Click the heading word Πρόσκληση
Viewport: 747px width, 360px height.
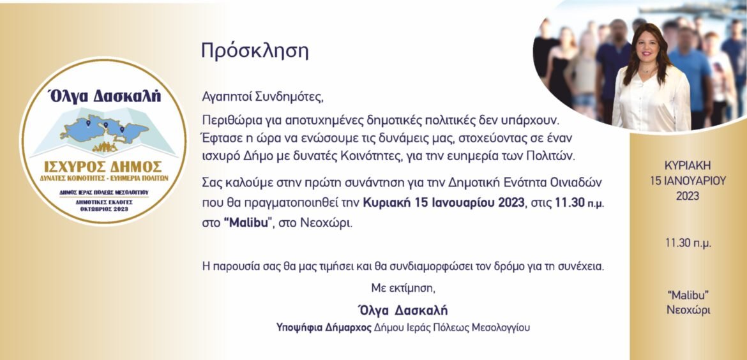point(255,51)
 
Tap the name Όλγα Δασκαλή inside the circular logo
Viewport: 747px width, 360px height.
point(105,96)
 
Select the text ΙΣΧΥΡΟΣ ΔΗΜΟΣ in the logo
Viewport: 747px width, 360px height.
point(103,167)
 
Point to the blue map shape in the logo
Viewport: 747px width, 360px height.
point(104,130)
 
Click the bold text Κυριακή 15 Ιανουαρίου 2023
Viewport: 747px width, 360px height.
point(444,202)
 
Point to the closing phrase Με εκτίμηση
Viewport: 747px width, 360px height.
point(404,288)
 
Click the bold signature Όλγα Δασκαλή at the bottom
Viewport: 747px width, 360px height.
point(403,310)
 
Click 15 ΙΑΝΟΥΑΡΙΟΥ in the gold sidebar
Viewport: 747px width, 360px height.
point(688,181)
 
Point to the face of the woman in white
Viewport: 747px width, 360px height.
point(649,48)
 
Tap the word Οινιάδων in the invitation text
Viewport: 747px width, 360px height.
point(575,183)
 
